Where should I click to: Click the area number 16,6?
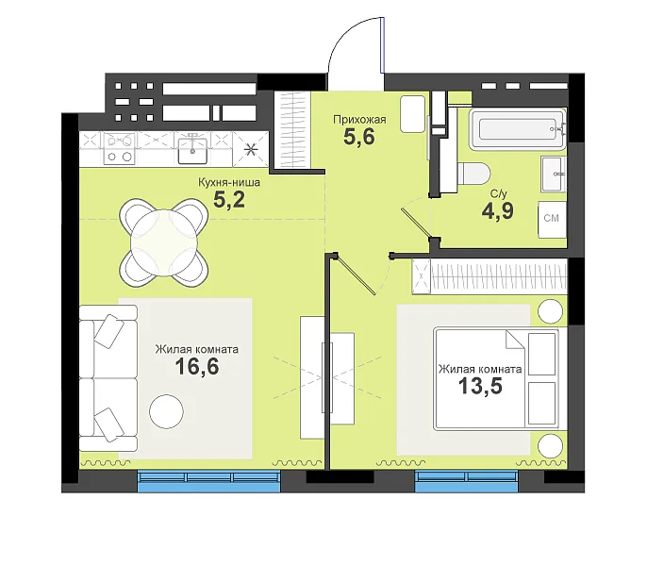(197, 366)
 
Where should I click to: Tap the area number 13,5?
(480, 386)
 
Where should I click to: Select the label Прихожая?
(359, 120)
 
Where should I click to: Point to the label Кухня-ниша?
(229, 182)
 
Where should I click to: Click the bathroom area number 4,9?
(498, 210)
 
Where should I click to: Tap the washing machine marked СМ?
(552, 219)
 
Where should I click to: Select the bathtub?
(518, 129)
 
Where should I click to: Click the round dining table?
(164, 242)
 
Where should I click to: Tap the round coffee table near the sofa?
(166, 411)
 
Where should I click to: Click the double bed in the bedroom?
(496, 378)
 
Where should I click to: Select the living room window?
(208, 481)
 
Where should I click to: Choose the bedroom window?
(466, 481)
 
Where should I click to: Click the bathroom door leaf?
(415, 224)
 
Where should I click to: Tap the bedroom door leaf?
(356, 275)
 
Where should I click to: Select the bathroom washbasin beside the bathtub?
(554, 174)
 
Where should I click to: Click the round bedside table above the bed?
(551, 311)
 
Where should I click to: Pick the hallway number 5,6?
(359, 137)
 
